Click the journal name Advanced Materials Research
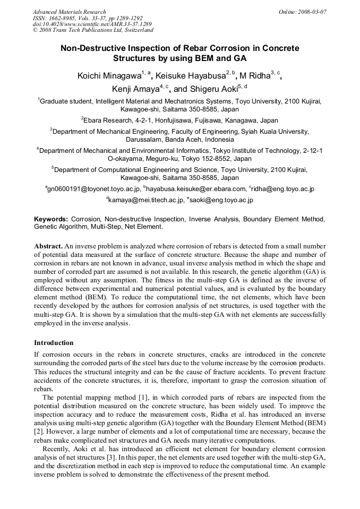[x=69, y=12]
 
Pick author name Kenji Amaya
[x=135, y=89]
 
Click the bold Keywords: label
[x=51, y=219]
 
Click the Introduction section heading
[x=54, y=342]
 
